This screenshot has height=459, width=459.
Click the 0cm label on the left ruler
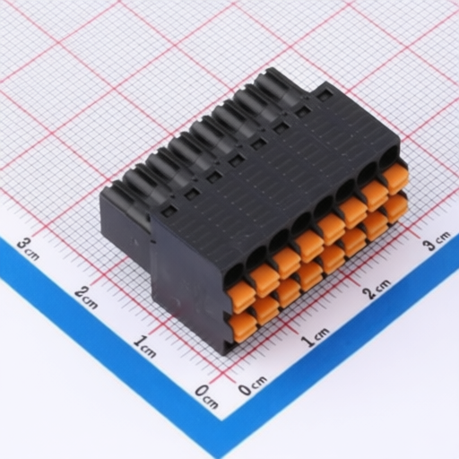206,396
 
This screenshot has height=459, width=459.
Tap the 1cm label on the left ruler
145,346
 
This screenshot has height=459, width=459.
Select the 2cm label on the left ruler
86,298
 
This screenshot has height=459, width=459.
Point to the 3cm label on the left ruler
28,249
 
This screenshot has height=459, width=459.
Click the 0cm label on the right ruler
253,385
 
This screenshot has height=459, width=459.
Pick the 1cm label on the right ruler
315,337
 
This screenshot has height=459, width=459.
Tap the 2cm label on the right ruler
377,289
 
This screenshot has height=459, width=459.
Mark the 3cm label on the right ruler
437,240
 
